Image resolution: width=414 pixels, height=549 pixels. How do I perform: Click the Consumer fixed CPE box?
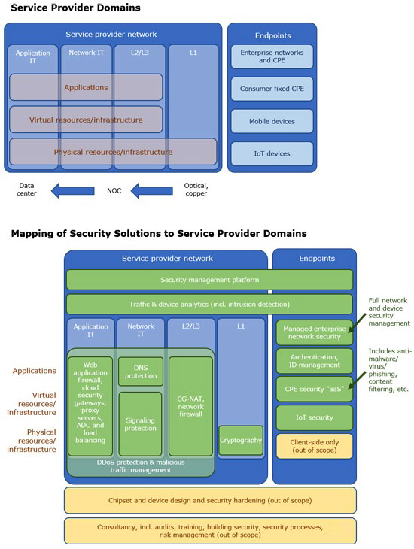tap(272, 89)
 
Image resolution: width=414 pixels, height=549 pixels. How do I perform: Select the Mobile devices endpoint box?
tap(272, 121)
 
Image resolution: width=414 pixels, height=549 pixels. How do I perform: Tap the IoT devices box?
tap(272, 153)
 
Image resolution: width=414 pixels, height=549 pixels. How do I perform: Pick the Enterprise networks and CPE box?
tap(272, 56)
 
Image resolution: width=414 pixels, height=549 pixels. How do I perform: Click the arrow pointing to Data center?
tap(72, 191)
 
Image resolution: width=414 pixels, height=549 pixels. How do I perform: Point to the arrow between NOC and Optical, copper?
tap(152, 191)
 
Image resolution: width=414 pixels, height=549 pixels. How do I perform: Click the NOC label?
tap(114, 191)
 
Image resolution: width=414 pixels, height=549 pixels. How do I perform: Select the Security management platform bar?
tap(209, 280)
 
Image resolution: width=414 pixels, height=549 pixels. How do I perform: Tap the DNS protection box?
tap(141, 372)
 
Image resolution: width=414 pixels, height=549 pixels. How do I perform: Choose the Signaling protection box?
tap(140, 424)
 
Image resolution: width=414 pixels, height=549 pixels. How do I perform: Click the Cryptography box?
tap(241, 441)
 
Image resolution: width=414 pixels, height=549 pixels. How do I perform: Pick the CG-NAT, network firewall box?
tap(190, 406)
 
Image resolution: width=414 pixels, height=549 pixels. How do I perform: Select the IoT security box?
tap(315, 417)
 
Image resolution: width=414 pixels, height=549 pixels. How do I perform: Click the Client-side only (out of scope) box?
tap(315, 447)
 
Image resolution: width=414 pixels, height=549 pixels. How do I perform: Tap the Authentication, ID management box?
tap(315, 361)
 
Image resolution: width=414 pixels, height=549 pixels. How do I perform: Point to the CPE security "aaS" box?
tap(315, 389)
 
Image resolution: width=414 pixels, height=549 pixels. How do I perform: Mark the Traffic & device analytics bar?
tap(209, 305)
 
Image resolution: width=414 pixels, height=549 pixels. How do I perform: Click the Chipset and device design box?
tap(210, 500)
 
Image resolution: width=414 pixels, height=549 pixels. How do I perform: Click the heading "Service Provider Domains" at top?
tap(76, 8)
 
